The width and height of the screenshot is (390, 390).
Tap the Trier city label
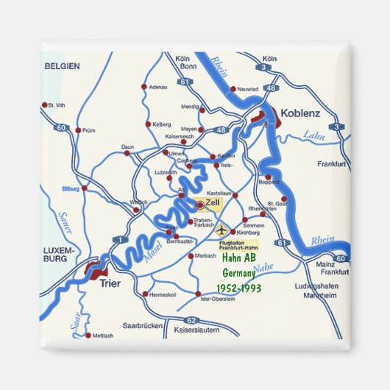(111, 280)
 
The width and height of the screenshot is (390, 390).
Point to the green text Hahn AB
(238, 258)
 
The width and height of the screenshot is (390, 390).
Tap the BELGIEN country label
(62, 65)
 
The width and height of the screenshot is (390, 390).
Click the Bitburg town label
(70, 188)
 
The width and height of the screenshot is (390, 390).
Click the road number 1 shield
(117, 240)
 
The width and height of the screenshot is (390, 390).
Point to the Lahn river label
(313, 135)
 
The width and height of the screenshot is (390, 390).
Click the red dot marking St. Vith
(46, 105)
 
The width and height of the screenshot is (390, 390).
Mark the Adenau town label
(158, 87)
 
